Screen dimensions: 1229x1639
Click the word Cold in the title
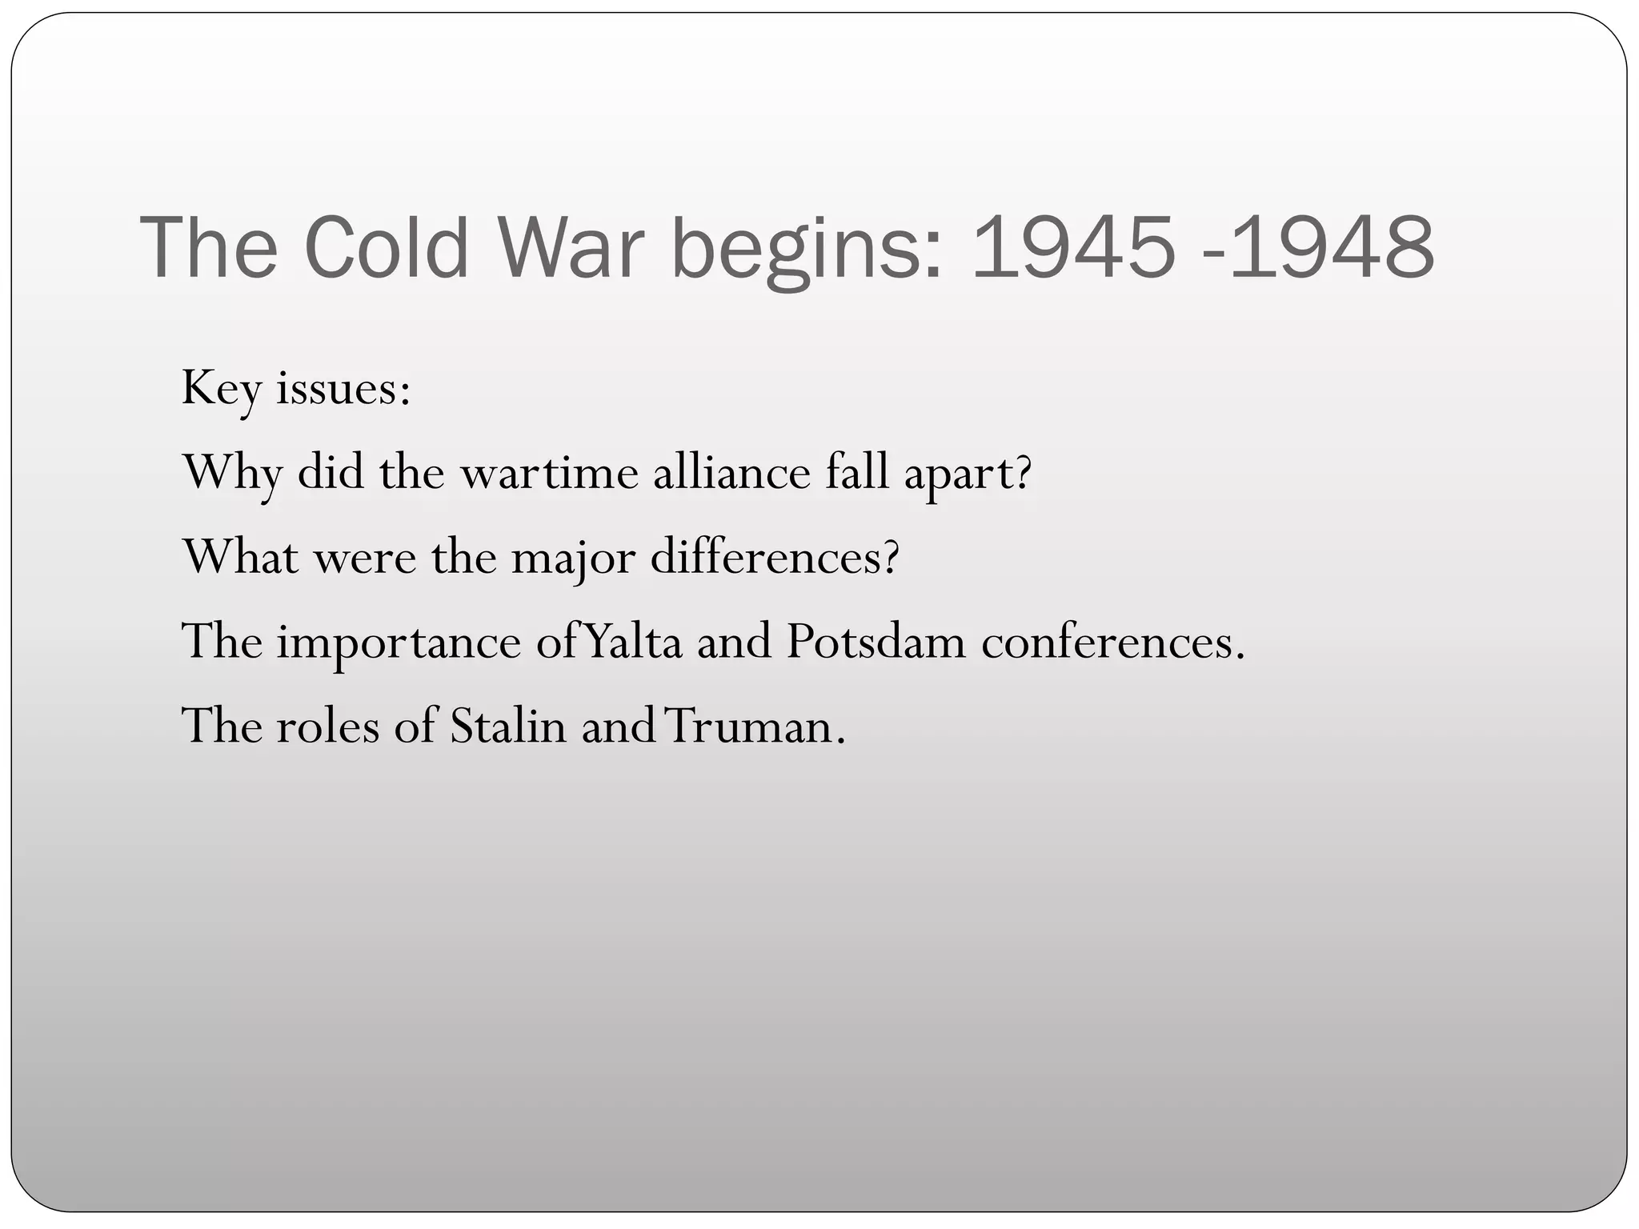386,248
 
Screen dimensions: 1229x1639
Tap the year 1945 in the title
1072,248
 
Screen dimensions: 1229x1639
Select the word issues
343,390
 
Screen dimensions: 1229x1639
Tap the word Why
232,474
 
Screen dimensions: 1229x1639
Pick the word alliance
731,474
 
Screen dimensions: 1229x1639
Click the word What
241,558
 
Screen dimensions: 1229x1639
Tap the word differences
774,558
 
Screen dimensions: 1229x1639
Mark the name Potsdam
876,642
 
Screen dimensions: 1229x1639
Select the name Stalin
507,727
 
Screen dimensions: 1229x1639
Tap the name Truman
754,727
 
